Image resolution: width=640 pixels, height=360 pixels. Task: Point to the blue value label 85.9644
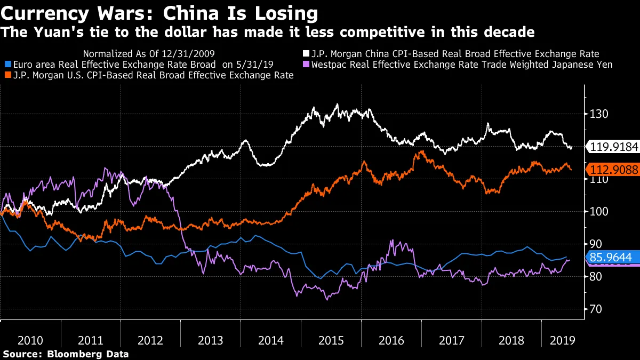tap(611, 258)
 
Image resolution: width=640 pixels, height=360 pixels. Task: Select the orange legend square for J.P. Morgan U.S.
tap(6, 76)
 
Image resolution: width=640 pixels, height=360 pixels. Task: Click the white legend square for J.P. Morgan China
tap(306, 54)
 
